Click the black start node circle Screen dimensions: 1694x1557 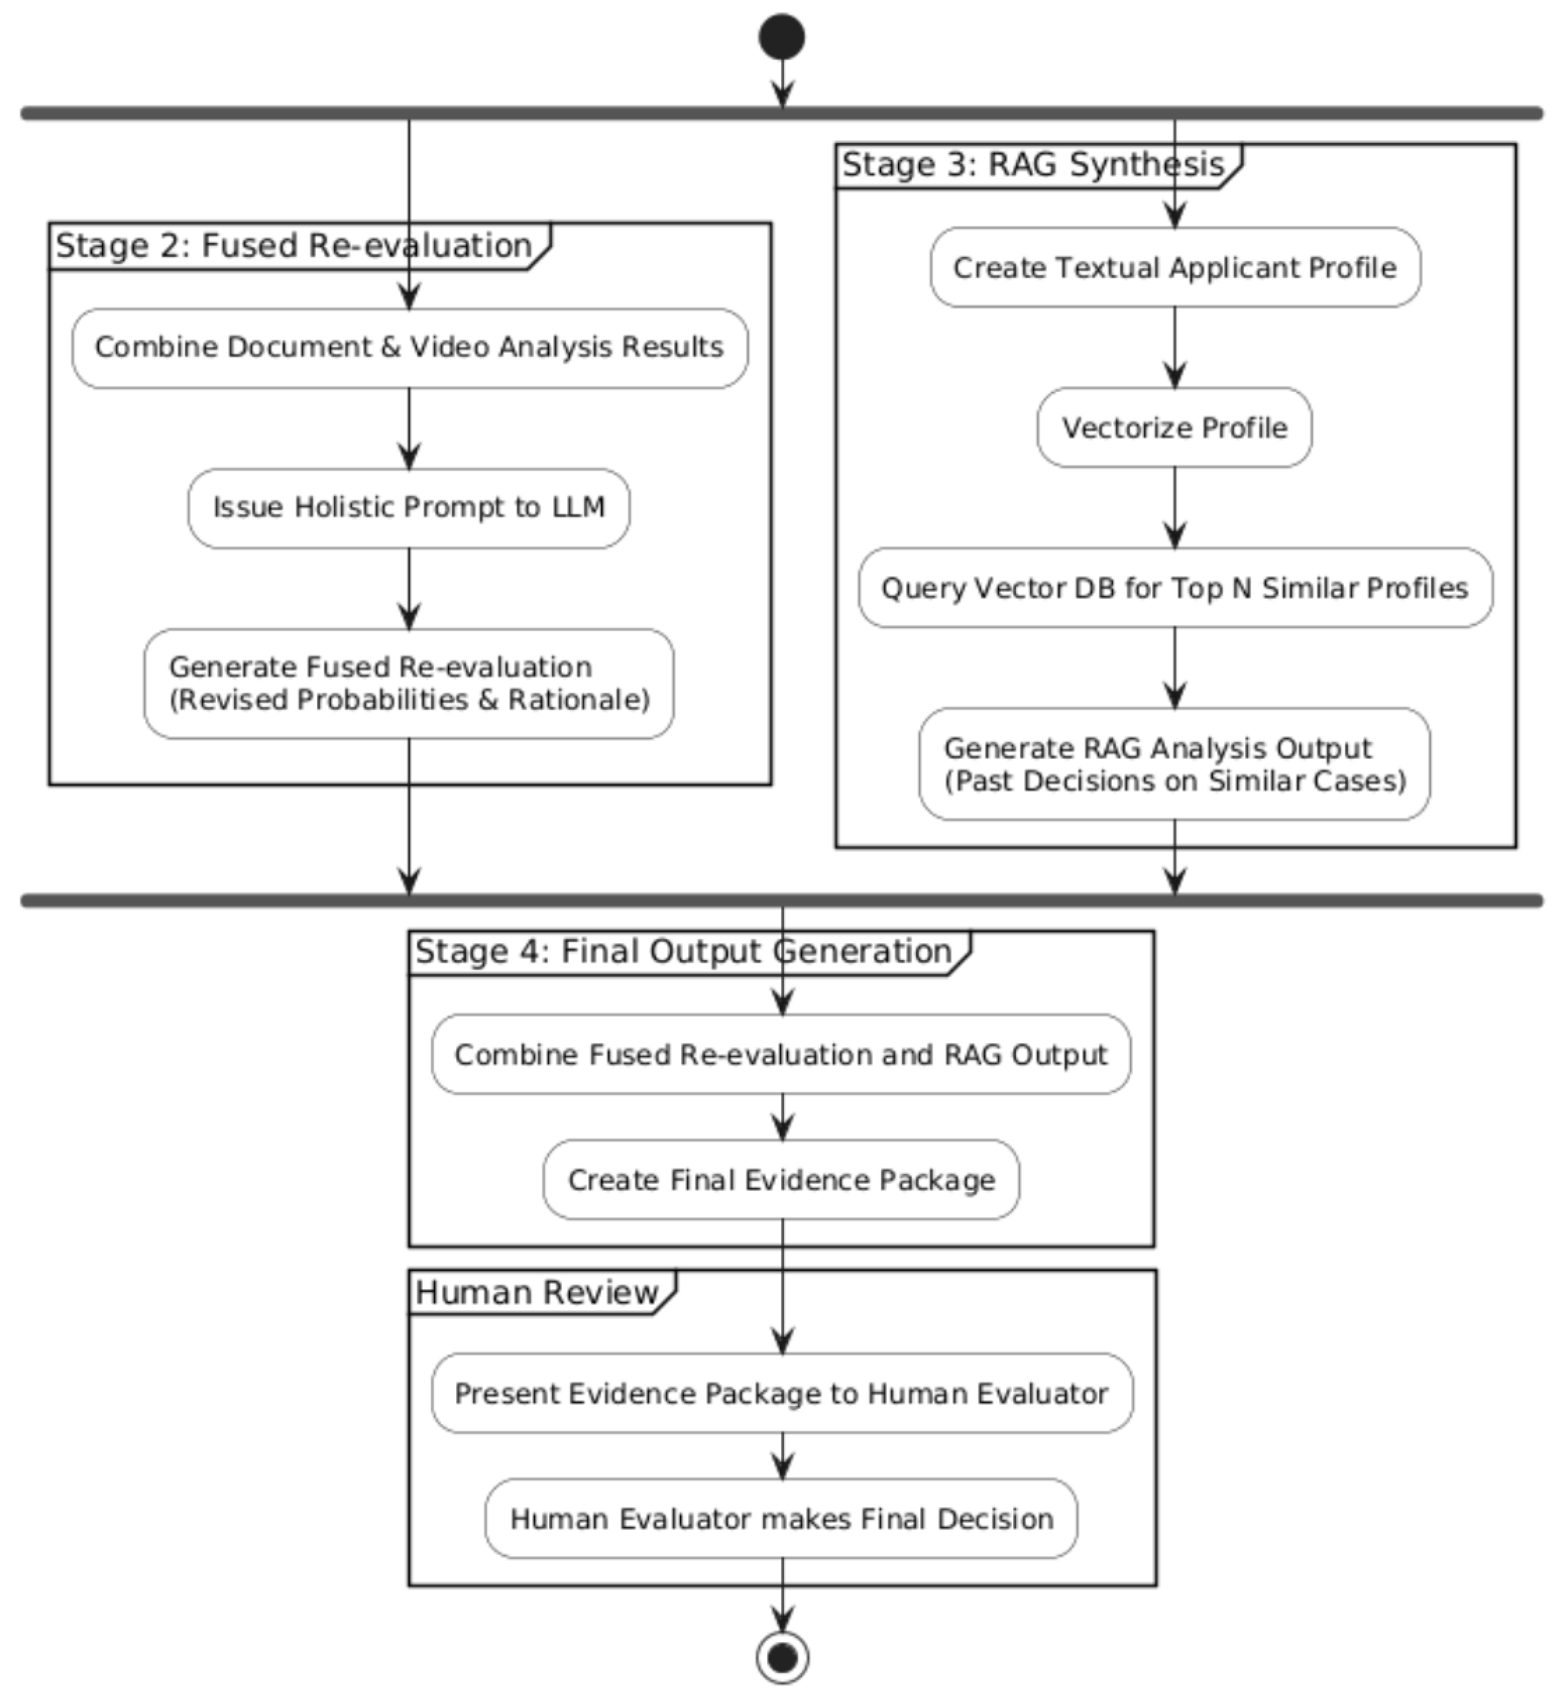(781, 37)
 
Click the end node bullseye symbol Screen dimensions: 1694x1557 (782, 1657)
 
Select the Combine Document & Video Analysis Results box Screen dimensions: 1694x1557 (409, 348)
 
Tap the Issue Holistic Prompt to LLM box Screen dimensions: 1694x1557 (409, 508)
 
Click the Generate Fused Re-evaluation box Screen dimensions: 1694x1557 (409, 683)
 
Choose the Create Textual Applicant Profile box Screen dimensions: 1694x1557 (1174, 267)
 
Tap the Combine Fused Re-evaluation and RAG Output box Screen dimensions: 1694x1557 (781, 1054)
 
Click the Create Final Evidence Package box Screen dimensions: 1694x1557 (781, 1179)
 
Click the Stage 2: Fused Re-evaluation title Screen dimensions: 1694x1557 (293, 246)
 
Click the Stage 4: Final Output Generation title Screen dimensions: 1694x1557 (683, 952)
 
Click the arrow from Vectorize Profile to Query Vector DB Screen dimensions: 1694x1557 (1174, 507)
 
